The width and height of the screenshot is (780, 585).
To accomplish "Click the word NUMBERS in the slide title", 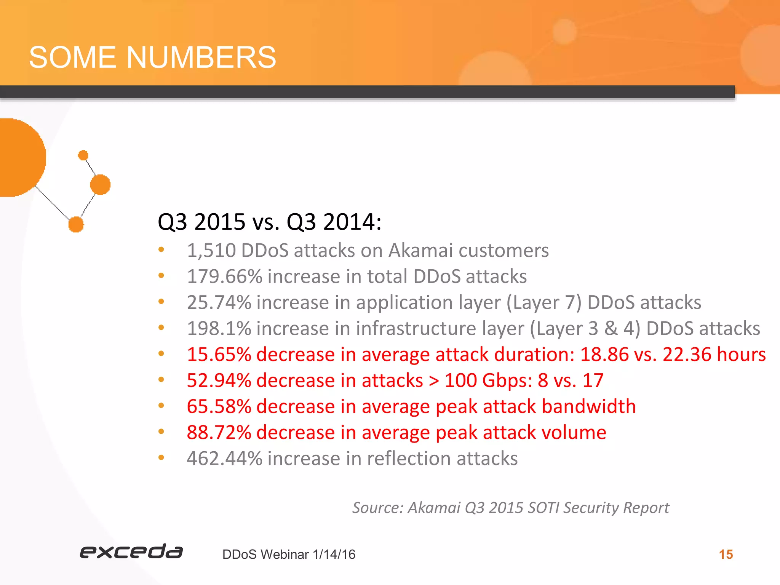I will (201, 58).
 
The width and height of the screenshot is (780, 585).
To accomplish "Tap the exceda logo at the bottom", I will (131, 551).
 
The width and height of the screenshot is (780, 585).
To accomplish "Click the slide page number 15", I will (726, 555).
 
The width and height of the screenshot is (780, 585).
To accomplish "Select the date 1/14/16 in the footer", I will (334, 555).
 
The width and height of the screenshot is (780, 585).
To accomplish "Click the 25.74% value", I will (219, 302).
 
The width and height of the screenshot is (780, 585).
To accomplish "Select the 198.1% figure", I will (219, 328).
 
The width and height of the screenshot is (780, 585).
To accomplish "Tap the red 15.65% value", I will (219, 354).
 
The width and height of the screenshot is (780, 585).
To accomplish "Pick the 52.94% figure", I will (219, 380).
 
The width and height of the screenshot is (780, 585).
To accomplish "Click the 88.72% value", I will (219, 432).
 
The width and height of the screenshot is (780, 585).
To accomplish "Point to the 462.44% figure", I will (224, 458).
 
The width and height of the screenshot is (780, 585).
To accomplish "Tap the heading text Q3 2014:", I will (334, 222).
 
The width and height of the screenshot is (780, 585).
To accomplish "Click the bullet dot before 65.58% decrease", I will (161, 406).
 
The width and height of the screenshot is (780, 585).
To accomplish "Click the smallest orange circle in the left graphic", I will (83, 155).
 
